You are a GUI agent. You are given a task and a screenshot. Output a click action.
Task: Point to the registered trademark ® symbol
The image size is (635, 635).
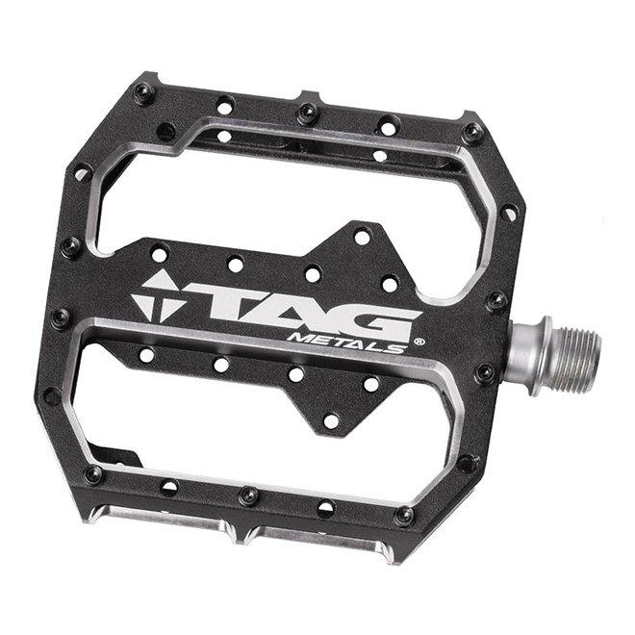point(419,340)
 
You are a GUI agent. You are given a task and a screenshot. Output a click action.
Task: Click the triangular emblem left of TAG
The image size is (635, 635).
point(158,294)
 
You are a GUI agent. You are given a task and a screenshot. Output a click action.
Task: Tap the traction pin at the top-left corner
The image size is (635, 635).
point(144,92)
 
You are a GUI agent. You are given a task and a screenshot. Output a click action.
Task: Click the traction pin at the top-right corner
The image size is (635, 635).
point(472,132)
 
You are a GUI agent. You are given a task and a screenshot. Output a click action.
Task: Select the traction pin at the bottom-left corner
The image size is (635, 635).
point(93,473)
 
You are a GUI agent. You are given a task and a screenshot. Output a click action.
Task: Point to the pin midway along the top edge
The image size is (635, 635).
point(308,113)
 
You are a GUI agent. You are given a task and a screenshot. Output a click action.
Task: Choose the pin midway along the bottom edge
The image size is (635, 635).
point(249,495)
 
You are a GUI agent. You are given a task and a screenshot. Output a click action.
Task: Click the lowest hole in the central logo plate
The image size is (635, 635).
point(331,420)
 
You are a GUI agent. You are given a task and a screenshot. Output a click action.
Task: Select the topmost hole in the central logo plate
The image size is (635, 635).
point(362,236)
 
